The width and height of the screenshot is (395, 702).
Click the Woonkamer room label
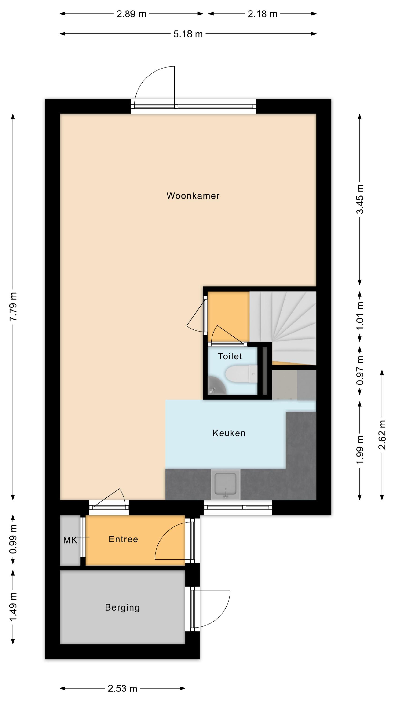193,196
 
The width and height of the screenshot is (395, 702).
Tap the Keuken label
229,433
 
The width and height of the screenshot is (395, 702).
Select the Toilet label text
230,356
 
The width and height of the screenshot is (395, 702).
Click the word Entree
123,539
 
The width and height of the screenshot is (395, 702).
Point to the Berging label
122,607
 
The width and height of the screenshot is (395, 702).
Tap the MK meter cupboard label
70,540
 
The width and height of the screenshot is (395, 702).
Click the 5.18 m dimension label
188,34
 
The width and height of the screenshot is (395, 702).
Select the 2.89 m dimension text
132,14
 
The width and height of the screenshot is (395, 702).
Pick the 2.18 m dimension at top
262,14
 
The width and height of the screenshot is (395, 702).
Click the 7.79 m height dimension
13,307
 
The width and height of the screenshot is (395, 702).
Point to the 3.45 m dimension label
360,199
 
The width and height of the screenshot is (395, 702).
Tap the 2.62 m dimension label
382,435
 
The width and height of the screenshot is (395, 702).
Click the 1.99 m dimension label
360,450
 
